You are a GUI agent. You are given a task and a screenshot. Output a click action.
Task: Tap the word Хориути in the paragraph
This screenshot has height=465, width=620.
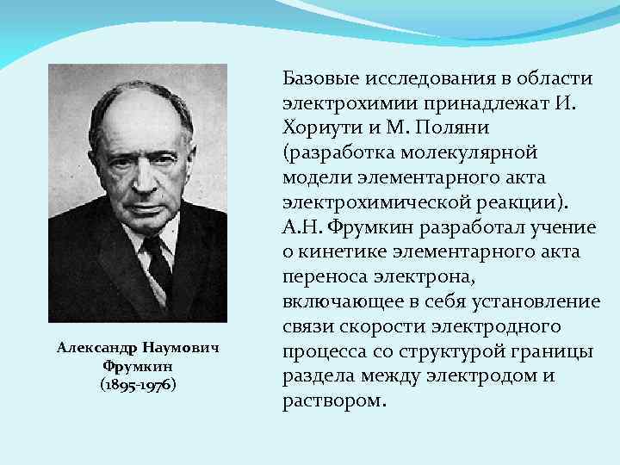click(x=317, y=128)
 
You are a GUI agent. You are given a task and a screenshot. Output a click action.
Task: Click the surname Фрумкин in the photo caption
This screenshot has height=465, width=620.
click(x=138, y=367)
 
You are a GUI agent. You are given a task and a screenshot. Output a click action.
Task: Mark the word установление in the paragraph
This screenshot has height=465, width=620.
click(x=542, y=303)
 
